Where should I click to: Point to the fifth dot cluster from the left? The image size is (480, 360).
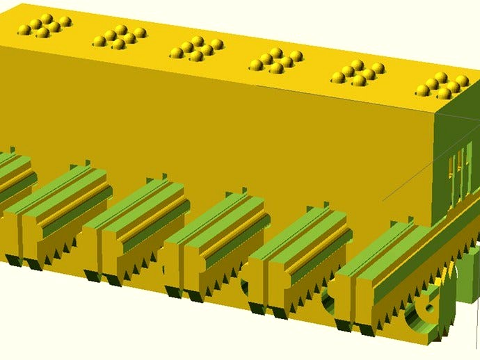358,73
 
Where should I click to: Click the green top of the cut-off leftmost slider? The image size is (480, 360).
14,170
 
